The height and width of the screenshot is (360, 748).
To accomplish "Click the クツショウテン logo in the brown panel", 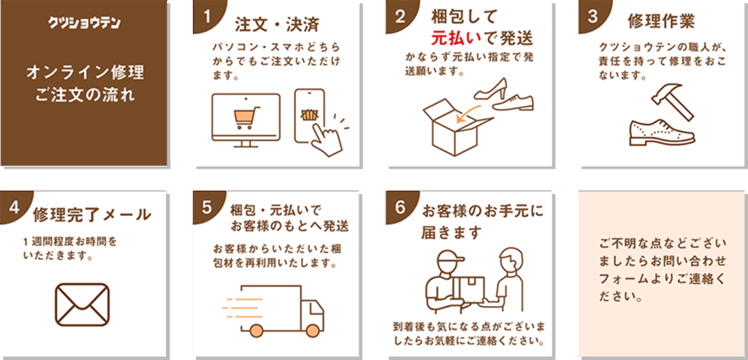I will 85,22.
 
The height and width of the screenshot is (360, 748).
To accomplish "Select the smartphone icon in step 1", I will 310,115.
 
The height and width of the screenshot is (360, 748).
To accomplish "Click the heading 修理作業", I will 661,19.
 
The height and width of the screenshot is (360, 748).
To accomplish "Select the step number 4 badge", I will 13,207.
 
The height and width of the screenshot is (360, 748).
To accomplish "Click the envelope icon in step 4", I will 82,302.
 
